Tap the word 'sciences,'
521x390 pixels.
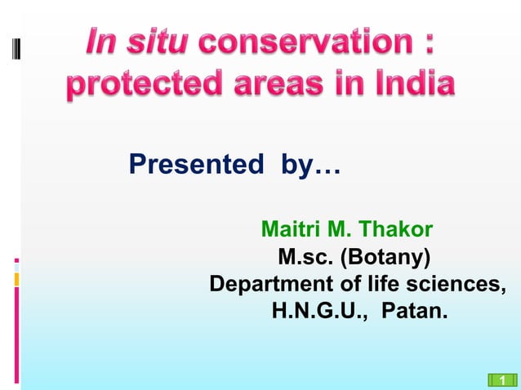456,285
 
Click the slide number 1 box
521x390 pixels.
502,379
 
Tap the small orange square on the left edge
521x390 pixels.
16,280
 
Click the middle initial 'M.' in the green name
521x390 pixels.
341,230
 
